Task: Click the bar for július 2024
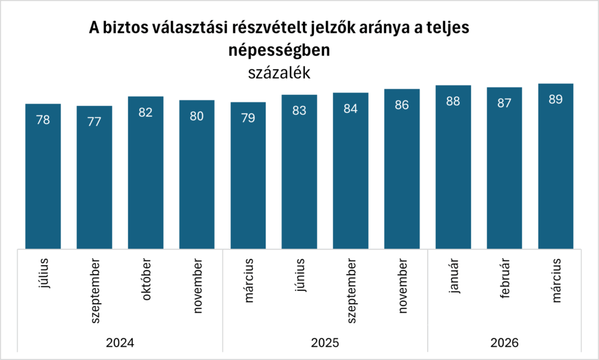(x=43, y=176)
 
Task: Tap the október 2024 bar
(x=146, y=172)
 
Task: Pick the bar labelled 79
(x=248, y=175)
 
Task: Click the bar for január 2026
(x=453, y=167)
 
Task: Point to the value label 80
(x=197, y=116)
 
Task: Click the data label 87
(x=504, y=104)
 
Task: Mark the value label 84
(x=350, y=109)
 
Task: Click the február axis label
(x=505, y=279)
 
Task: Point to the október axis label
(x=146, y=279)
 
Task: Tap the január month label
(x=453, y=275)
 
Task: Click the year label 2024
(x=120, y=342)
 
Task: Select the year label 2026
(x=504, y=342)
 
